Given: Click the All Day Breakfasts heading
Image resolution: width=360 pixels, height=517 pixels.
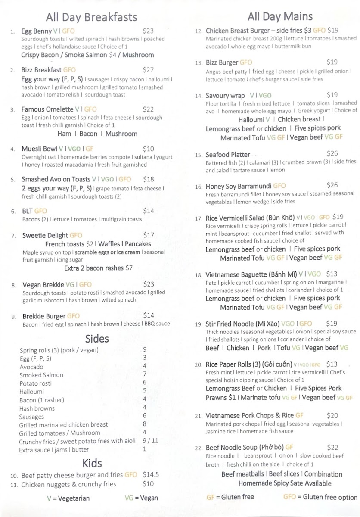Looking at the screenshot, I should point(91,17).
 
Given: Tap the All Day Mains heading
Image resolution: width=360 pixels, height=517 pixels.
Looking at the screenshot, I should point(280,17).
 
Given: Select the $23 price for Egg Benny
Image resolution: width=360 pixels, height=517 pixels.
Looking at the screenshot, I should point(148,31).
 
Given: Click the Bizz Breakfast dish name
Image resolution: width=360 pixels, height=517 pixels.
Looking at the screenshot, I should point(41,70).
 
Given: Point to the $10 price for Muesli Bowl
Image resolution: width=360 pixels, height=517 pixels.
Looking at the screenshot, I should point(148,149).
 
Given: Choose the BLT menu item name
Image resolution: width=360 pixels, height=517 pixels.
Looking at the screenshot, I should point(27,211).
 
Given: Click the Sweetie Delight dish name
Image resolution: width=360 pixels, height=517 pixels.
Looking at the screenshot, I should point(45,235).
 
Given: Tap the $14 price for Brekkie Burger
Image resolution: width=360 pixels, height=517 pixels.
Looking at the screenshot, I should point(149,315).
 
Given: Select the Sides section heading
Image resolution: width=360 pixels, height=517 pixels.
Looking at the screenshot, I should point(97,338).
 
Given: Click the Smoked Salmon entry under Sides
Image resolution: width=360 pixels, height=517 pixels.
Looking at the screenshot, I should point(41,375).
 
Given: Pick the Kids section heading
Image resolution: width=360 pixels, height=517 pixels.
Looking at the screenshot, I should point(92,463).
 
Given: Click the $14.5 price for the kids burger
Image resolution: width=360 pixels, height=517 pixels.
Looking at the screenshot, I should point(151,475).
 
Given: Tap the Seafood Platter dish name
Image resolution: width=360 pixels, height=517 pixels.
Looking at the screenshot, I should point(228,154).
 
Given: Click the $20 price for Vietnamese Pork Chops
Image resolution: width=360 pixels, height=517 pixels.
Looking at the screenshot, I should point(332,416).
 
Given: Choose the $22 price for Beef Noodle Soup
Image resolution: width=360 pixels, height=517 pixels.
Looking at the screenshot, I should point(333,448).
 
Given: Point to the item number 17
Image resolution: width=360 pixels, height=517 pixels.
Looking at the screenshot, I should point(199,218).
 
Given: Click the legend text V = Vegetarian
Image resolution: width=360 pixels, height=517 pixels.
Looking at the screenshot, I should point(68,498).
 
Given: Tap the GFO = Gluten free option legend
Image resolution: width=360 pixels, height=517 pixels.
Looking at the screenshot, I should point(320,497).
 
